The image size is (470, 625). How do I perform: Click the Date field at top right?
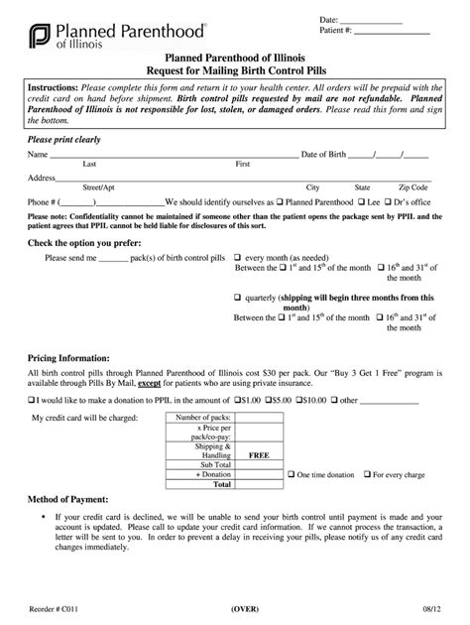point(373,20)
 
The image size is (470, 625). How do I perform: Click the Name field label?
point(38,155)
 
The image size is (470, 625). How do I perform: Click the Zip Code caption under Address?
point(412,187)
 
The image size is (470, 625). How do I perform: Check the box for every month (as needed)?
point(238,256)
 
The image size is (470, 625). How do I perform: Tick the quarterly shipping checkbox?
point(238,297)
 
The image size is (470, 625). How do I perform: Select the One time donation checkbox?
point(291,474)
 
